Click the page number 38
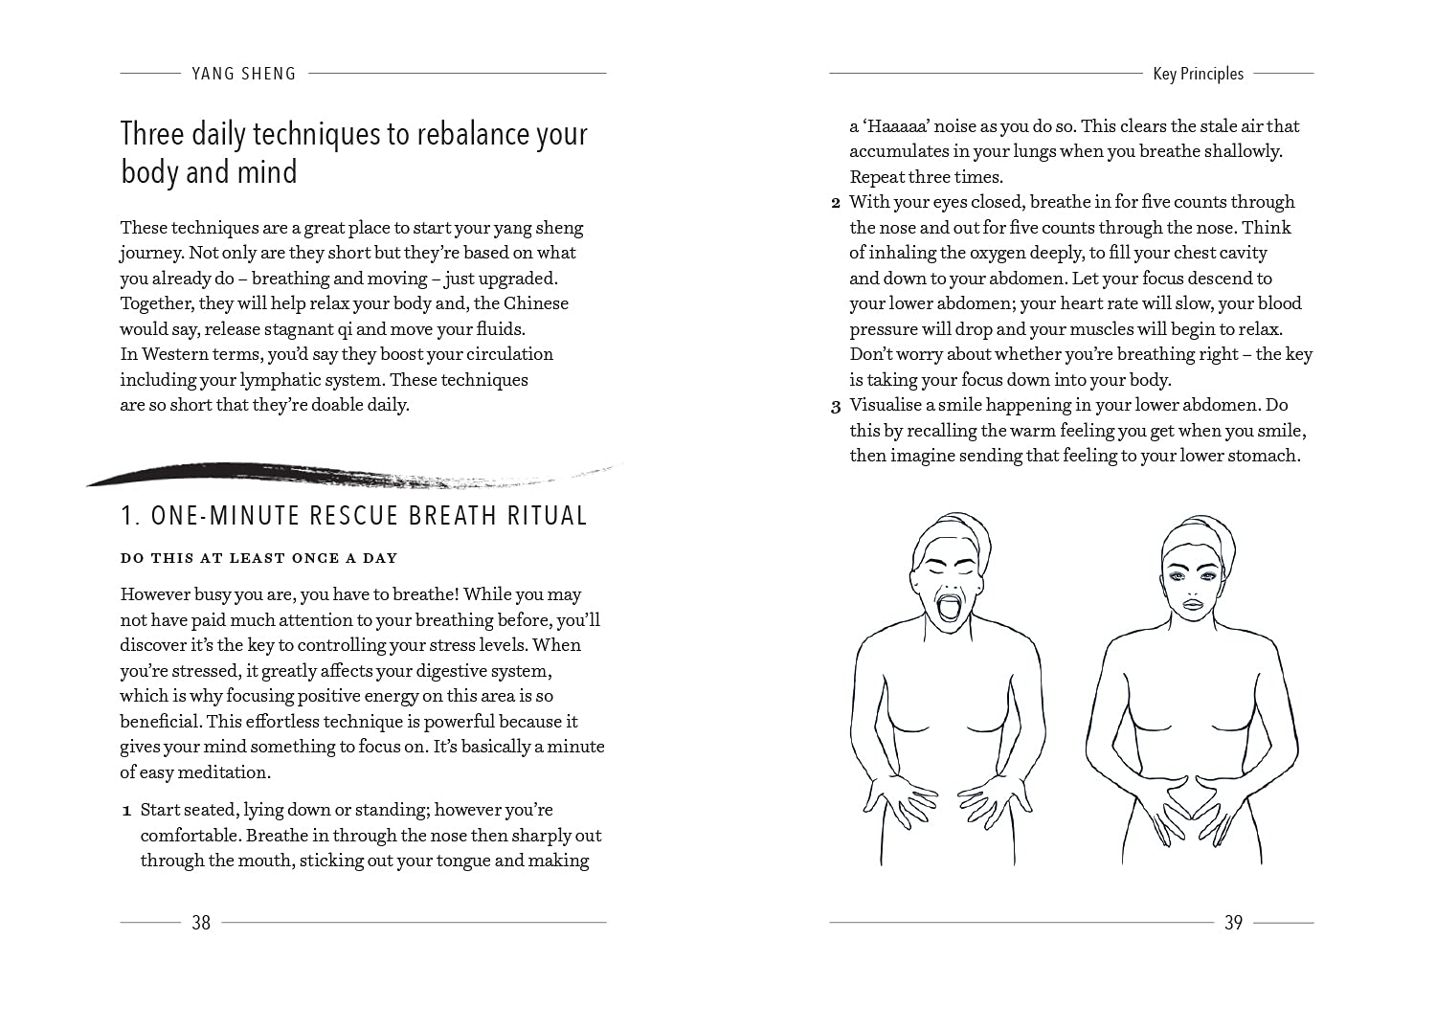point(201,923)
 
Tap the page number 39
point(1233,923)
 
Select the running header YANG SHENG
point(244,74)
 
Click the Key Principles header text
point(1198,74)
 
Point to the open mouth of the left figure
point(949,608)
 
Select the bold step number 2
point(835,203)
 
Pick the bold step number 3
point(835,406)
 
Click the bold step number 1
point(126,812)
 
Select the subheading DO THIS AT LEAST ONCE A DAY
point(258,558)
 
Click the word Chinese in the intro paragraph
point(536,303)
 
